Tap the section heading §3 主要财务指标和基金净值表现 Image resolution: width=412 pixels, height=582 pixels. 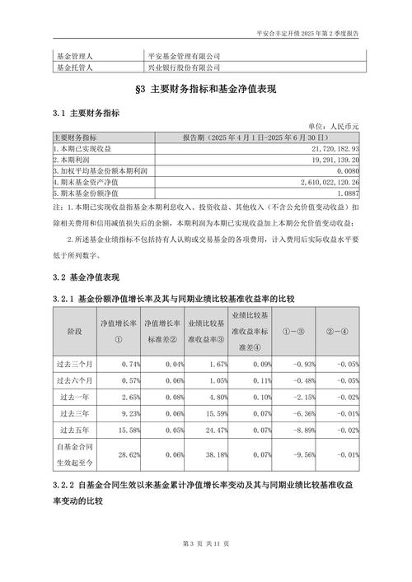tap(205, 90)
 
